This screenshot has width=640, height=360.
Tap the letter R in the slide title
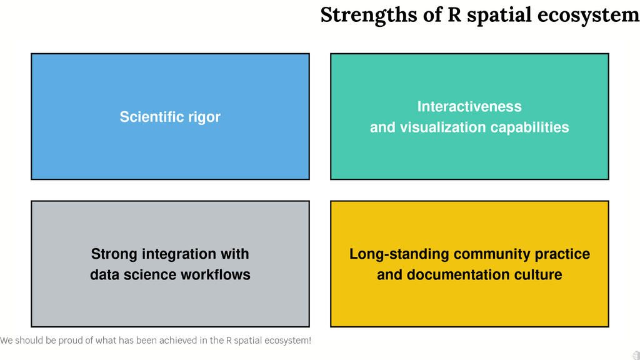point(454,15)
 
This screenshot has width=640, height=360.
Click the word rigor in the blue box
point(204,117)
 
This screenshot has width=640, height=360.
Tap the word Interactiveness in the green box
point(469,106)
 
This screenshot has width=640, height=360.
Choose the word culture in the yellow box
point(538,275)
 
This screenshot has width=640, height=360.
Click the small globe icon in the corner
point(636,356)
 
